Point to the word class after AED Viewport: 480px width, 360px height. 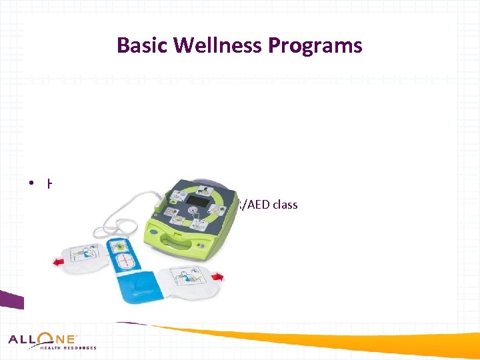[x=285, y=205]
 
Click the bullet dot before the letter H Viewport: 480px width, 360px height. [x=31, y=185]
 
